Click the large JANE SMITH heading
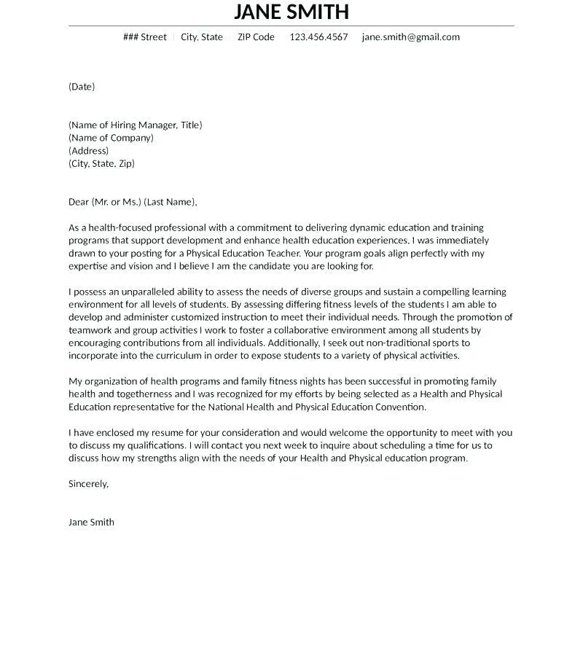(x=291, y=12)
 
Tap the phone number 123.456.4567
(x=318, y=37)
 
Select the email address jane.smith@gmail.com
(x=410, y=37)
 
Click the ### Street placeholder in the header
(x=145, y=37)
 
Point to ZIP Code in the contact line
(x=256, y=37)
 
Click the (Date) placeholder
(x=82, y=87)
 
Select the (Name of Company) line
(x=111, y=138)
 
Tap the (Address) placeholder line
(x=88, y=151)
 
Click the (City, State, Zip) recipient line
(x=101, y=163)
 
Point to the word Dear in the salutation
(x=79, y=202)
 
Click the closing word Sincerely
(x=88, y=484)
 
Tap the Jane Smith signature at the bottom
(x=91, y=522)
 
